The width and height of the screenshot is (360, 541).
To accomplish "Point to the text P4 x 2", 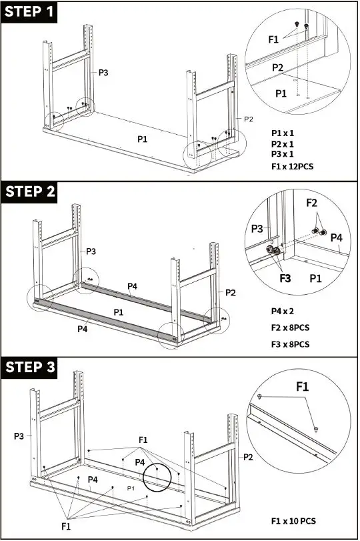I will (x=283, y=312).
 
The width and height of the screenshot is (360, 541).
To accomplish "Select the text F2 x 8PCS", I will (x=290, y=328).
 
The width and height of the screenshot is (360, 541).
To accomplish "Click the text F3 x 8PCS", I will (x=290, y=344).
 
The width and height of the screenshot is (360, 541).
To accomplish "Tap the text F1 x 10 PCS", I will (x=293, y=520).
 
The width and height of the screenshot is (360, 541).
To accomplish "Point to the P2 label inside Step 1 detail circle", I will (x=277, y=67).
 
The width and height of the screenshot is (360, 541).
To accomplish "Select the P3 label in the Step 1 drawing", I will (x=103, y=72).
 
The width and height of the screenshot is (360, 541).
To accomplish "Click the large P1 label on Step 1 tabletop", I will (x=142, y=139).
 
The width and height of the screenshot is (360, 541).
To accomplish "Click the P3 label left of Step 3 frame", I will (x=20, y=436).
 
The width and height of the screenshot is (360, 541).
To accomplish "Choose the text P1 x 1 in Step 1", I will (x=283, y=133).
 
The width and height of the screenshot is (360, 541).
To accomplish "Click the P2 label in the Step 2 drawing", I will (x=231, y=292).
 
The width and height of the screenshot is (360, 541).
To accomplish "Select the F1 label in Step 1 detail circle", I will (x=273, y=39).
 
